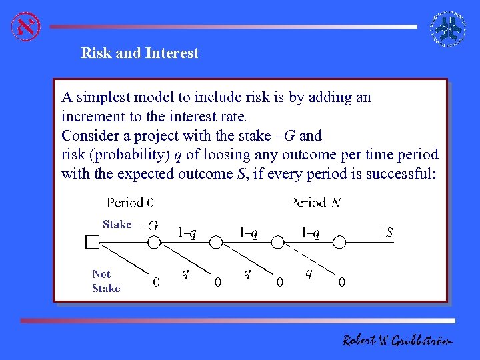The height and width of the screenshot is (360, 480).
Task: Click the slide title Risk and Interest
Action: (139, 53)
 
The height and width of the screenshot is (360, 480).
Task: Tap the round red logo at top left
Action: (26, 26)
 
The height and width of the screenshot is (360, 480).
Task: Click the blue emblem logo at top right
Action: (448, 29)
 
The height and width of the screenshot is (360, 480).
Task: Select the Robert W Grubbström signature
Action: (397, 341)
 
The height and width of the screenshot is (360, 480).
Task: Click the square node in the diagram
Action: (93, 242)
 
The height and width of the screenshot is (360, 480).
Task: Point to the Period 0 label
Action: (130, 203)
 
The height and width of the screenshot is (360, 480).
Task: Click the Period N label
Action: (315, 203)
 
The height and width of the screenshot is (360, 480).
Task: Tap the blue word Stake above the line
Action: (117, 225)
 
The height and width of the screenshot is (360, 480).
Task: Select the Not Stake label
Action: (105, 281)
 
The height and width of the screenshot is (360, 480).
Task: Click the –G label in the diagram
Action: (149, 226)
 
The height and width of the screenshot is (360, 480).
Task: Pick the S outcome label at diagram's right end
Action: (389, 233)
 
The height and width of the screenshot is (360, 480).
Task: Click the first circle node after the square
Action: (154, 242)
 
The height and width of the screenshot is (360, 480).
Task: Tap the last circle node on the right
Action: (339, 242)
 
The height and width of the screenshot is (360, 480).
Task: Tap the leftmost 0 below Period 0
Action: (156, 282)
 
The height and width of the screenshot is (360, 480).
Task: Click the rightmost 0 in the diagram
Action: (342, 282)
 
